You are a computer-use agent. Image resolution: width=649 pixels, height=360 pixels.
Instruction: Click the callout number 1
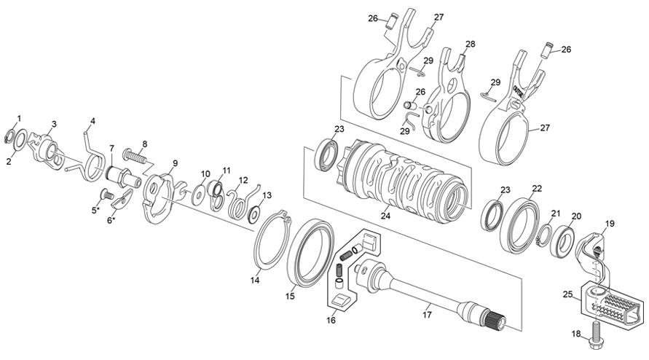pos(19,118)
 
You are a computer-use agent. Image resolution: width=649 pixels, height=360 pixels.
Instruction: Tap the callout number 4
pos(93,121)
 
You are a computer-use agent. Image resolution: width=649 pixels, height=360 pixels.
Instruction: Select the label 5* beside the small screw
pos(95,211)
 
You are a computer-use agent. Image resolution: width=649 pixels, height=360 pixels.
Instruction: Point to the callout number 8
pos(144,144)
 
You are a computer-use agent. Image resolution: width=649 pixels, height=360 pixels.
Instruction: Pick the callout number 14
pos(255,280)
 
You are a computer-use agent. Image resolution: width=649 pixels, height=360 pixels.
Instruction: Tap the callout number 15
pos(289,296)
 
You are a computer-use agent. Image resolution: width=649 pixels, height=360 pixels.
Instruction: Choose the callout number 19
pos(610,224)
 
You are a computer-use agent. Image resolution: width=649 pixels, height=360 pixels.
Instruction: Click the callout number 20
pos(576,216)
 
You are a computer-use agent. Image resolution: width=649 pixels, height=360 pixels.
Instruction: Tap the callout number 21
pos(555,214)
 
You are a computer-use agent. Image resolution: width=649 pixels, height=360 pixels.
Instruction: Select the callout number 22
pos(537,188)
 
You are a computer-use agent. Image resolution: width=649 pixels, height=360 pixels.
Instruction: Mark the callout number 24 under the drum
pos(386,216)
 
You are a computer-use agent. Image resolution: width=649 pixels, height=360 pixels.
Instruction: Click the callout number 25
pos(567,296)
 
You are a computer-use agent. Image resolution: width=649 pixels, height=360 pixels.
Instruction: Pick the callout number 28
pos(471,44)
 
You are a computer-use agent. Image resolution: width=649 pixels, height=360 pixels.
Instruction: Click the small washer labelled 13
pos(256,213)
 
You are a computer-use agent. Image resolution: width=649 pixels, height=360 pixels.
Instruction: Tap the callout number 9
pos(175,163)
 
